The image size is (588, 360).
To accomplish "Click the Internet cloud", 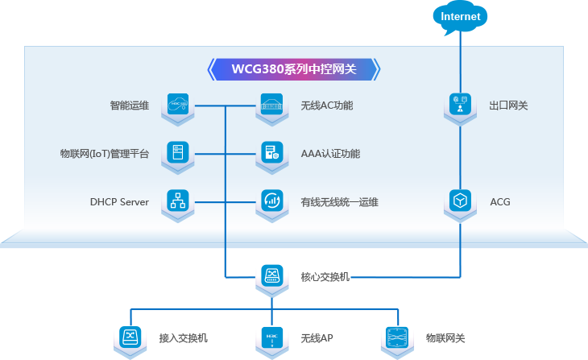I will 460,17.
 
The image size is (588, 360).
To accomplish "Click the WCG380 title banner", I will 293,69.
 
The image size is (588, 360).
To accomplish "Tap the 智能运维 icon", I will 177,104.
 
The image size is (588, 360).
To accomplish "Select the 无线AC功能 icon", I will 271,104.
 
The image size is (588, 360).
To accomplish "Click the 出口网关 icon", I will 459,104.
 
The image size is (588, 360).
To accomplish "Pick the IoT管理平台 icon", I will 177,151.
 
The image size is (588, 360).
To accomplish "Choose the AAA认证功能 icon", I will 271,151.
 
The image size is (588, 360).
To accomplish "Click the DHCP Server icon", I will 177,200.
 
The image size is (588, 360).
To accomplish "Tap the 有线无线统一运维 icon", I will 271,200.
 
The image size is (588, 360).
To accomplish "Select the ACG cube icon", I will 459,200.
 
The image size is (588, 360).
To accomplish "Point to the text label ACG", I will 500,201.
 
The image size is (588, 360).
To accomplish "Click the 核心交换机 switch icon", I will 271,275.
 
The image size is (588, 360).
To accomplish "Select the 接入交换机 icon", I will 130,337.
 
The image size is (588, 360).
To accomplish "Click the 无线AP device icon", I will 271,337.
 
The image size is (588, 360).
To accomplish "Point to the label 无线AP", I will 317,338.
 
